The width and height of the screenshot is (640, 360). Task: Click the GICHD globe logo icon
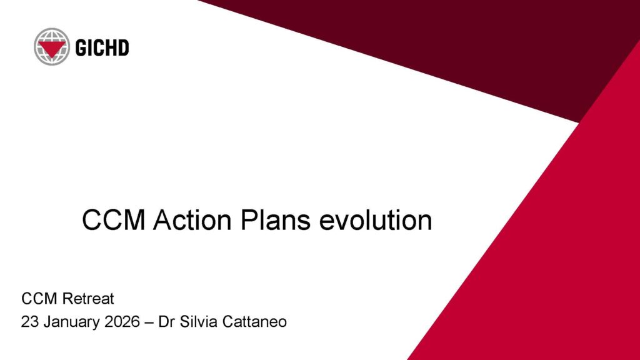coord(52,46)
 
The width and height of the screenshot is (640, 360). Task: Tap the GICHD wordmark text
coord(102,47)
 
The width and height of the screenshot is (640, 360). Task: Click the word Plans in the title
coord(276,220)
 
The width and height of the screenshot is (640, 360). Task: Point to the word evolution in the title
coord(376,220)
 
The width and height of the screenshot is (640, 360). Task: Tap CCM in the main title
coord(114,220)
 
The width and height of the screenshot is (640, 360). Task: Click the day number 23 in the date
coord(30,322)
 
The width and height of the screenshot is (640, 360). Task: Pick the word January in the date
coord(72,322)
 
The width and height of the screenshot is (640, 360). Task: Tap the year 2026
coord(122,322)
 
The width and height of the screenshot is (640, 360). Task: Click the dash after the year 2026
coord(149,322)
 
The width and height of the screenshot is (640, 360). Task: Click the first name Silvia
coord(199,322)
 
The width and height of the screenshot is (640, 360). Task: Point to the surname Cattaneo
coord(255,322)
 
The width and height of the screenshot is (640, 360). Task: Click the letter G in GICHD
coord(81,47)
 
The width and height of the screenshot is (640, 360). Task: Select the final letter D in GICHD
coord(124,47)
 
